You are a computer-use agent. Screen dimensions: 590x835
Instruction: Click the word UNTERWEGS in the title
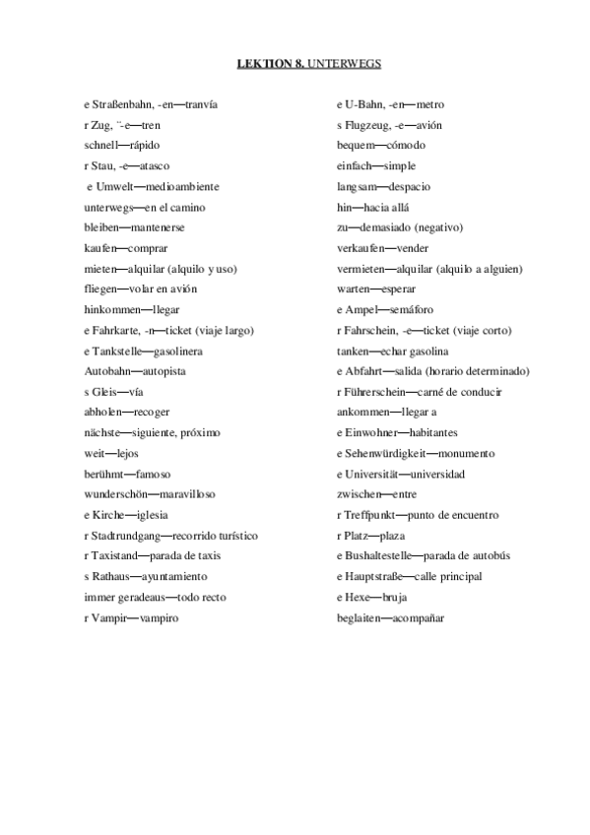(x=345, y=63)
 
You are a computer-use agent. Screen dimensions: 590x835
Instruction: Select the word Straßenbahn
(x=123, y=103)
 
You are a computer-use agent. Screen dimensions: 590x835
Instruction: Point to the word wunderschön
(x=115, y=494)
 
